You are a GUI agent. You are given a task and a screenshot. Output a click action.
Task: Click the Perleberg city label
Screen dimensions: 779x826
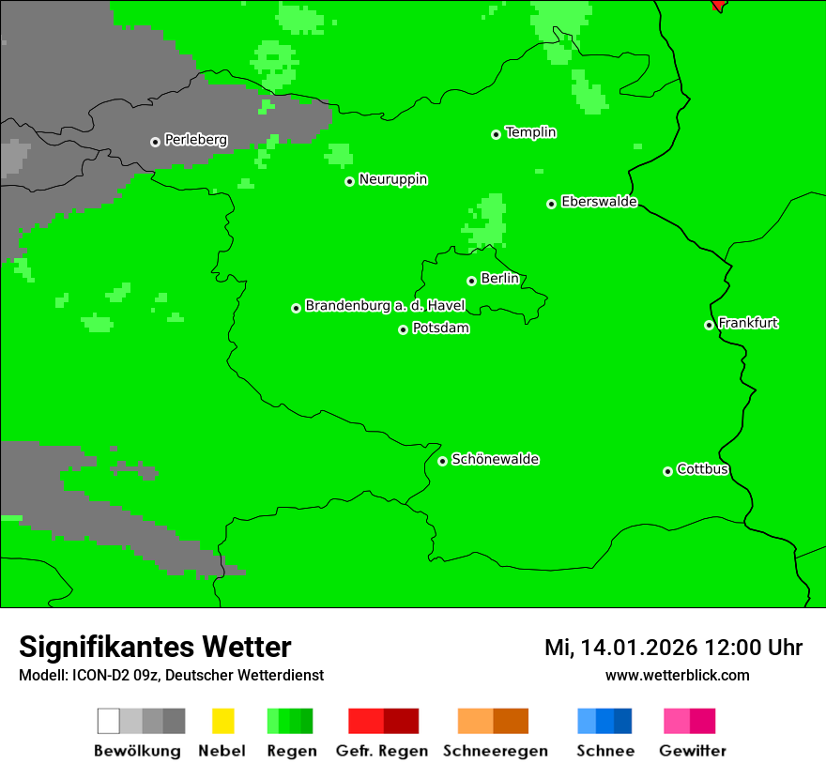[195, 140]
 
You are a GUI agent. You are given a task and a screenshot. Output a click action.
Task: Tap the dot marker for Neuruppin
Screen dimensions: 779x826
[349, 181]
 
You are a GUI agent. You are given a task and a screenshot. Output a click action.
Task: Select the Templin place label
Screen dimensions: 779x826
[530, 132]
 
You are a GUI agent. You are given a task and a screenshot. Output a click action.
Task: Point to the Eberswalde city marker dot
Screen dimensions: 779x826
[551, 204]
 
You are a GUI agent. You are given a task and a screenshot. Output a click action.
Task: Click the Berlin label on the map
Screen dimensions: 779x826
[499, 279]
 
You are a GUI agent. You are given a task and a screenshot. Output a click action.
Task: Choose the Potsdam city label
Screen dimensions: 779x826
[440, 328]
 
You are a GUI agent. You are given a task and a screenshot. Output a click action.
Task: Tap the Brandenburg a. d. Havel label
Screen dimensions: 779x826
[385, 306]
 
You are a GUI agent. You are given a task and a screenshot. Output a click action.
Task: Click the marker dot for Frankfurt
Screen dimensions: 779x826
[709, 326]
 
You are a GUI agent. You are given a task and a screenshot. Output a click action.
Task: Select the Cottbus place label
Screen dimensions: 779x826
[702, 469]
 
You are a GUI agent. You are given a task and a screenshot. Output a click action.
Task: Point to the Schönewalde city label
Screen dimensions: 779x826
[495, 459]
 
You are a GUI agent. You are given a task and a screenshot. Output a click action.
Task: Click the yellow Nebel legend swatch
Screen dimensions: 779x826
[222, 721]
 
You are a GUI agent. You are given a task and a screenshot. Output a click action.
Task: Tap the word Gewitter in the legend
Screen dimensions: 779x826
[692, 751]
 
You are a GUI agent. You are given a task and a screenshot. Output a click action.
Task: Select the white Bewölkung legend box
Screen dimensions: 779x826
[108, 721]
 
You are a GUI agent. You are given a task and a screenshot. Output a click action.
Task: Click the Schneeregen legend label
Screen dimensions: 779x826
[495, 751]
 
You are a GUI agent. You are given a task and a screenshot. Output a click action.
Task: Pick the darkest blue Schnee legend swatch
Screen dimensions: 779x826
[623, 721]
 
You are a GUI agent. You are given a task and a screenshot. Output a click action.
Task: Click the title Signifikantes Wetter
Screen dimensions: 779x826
[155, 648]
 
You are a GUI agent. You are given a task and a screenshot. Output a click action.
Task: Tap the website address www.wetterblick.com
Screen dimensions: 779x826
[677, 675]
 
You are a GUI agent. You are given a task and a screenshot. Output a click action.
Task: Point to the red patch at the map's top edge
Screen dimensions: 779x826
[718, 5]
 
